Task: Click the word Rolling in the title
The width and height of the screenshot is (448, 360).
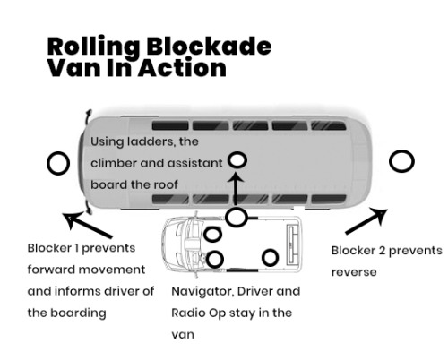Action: tap(93, 47)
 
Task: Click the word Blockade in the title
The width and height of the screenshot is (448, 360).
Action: tap(209, 46)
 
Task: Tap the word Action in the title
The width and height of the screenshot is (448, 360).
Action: tap(182, 68)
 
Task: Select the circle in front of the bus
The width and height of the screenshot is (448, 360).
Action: tap(58, 163)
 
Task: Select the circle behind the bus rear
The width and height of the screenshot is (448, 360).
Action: tap(401, 161)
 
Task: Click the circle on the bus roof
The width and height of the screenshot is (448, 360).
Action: tap(237, 160)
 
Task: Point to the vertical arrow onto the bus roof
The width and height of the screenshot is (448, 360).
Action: tap(236, 189)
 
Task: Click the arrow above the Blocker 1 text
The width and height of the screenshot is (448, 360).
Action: tap(87, 225)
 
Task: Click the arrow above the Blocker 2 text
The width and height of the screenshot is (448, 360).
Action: tap(366, 221)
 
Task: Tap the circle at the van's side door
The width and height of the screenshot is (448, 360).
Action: tap(237, 217)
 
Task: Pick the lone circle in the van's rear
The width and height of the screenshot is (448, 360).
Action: tap(271, 258)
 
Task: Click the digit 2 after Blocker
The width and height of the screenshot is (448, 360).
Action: tap(382, 251)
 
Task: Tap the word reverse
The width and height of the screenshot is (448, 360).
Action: tap(354, 272)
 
